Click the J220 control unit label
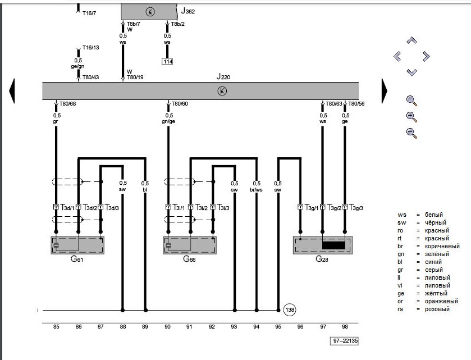click(223, 76)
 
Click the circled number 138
click(290, 310)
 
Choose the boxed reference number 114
click(167, 61)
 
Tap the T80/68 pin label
click(68, 104)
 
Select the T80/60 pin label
click(180, 104)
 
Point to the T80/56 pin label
click(356, 104)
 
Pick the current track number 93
click(235, 326)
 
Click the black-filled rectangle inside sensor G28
click(334, 245)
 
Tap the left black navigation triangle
click(12, 90)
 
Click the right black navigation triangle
click(385, 90)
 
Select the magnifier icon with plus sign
click(411, 117)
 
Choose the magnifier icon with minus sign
click(411, 133)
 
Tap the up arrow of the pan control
click(411, 40)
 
